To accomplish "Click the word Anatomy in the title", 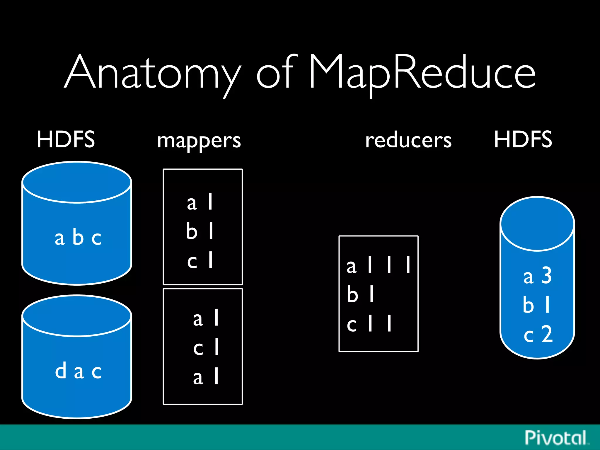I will (152, 73).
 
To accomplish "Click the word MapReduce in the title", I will (422, 73).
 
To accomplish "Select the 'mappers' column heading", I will (199, 141).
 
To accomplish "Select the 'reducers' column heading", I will (408, 141).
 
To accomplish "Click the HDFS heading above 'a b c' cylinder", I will (66, 139).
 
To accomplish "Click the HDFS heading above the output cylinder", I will (523, 139).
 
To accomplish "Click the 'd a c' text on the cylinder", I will (78, 371).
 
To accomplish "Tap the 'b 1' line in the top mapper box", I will (200, 231).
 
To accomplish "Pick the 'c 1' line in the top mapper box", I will (200, 260).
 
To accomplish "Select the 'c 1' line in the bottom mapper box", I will (206, 347).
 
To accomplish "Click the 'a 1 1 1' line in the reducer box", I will (378, 265).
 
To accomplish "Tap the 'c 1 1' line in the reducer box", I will (369, 324).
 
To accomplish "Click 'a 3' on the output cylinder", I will (538, 276).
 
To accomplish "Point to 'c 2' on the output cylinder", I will (538, 334).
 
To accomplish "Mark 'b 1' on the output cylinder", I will (536, 305).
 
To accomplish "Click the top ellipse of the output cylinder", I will (537, 224).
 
